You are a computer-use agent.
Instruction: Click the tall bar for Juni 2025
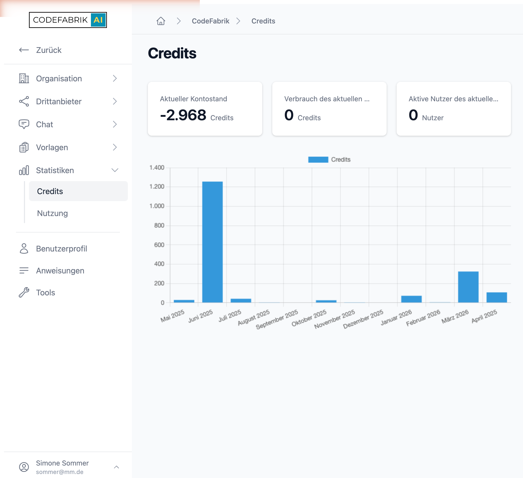coord(213,242)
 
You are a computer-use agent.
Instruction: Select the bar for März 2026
coord(468,287)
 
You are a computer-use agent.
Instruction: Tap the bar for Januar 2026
coord(411,299)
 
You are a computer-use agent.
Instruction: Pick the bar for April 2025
coord(497,297)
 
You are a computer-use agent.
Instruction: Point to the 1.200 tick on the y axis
coord(157,187)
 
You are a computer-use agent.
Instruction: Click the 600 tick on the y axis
coord(159,245)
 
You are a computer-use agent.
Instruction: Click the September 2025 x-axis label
coord(277,319)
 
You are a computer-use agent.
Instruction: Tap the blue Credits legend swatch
coord(318,160)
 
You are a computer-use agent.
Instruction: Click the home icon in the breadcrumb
coord(161,21)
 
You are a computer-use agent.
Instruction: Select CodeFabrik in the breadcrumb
coord(210,21)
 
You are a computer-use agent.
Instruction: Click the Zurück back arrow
coord(24,50)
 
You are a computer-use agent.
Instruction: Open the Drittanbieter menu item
coord(59,102)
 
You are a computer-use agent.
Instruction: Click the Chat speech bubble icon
coord(24,124)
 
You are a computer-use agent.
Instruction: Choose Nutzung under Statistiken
coord(52,213)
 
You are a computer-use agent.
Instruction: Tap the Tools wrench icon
coord(24,292)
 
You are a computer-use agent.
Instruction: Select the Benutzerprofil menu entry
coord(61,249)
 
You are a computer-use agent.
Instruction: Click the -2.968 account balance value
coord(183,115)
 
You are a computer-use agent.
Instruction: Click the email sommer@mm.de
coord(60,472)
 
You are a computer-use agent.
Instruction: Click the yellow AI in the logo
coord(98,20)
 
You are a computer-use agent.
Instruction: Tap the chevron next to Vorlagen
coord(115,147)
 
